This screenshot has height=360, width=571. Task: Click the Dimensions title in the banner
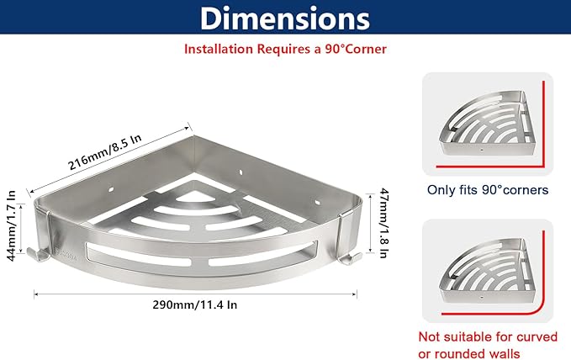tap(285, 18)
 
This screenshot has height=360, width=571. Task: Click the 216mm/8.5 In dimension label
tap(104, 152)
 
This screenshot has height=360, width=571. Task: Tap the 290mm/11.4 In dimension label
tap(195, 304)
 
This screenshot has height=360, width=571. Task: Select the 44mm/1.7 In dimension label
tap(12, 225)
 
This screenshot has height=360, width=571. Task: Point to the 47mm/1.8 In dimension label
tap(383, 223)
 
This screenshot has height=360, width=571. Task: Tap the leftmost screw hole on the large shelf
tap(111, 189)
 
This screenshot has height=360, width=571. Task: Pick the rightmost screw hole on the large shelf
tap(318, 202)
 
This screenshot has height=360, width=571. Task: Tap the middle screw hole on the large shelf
tap(241, 172)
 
